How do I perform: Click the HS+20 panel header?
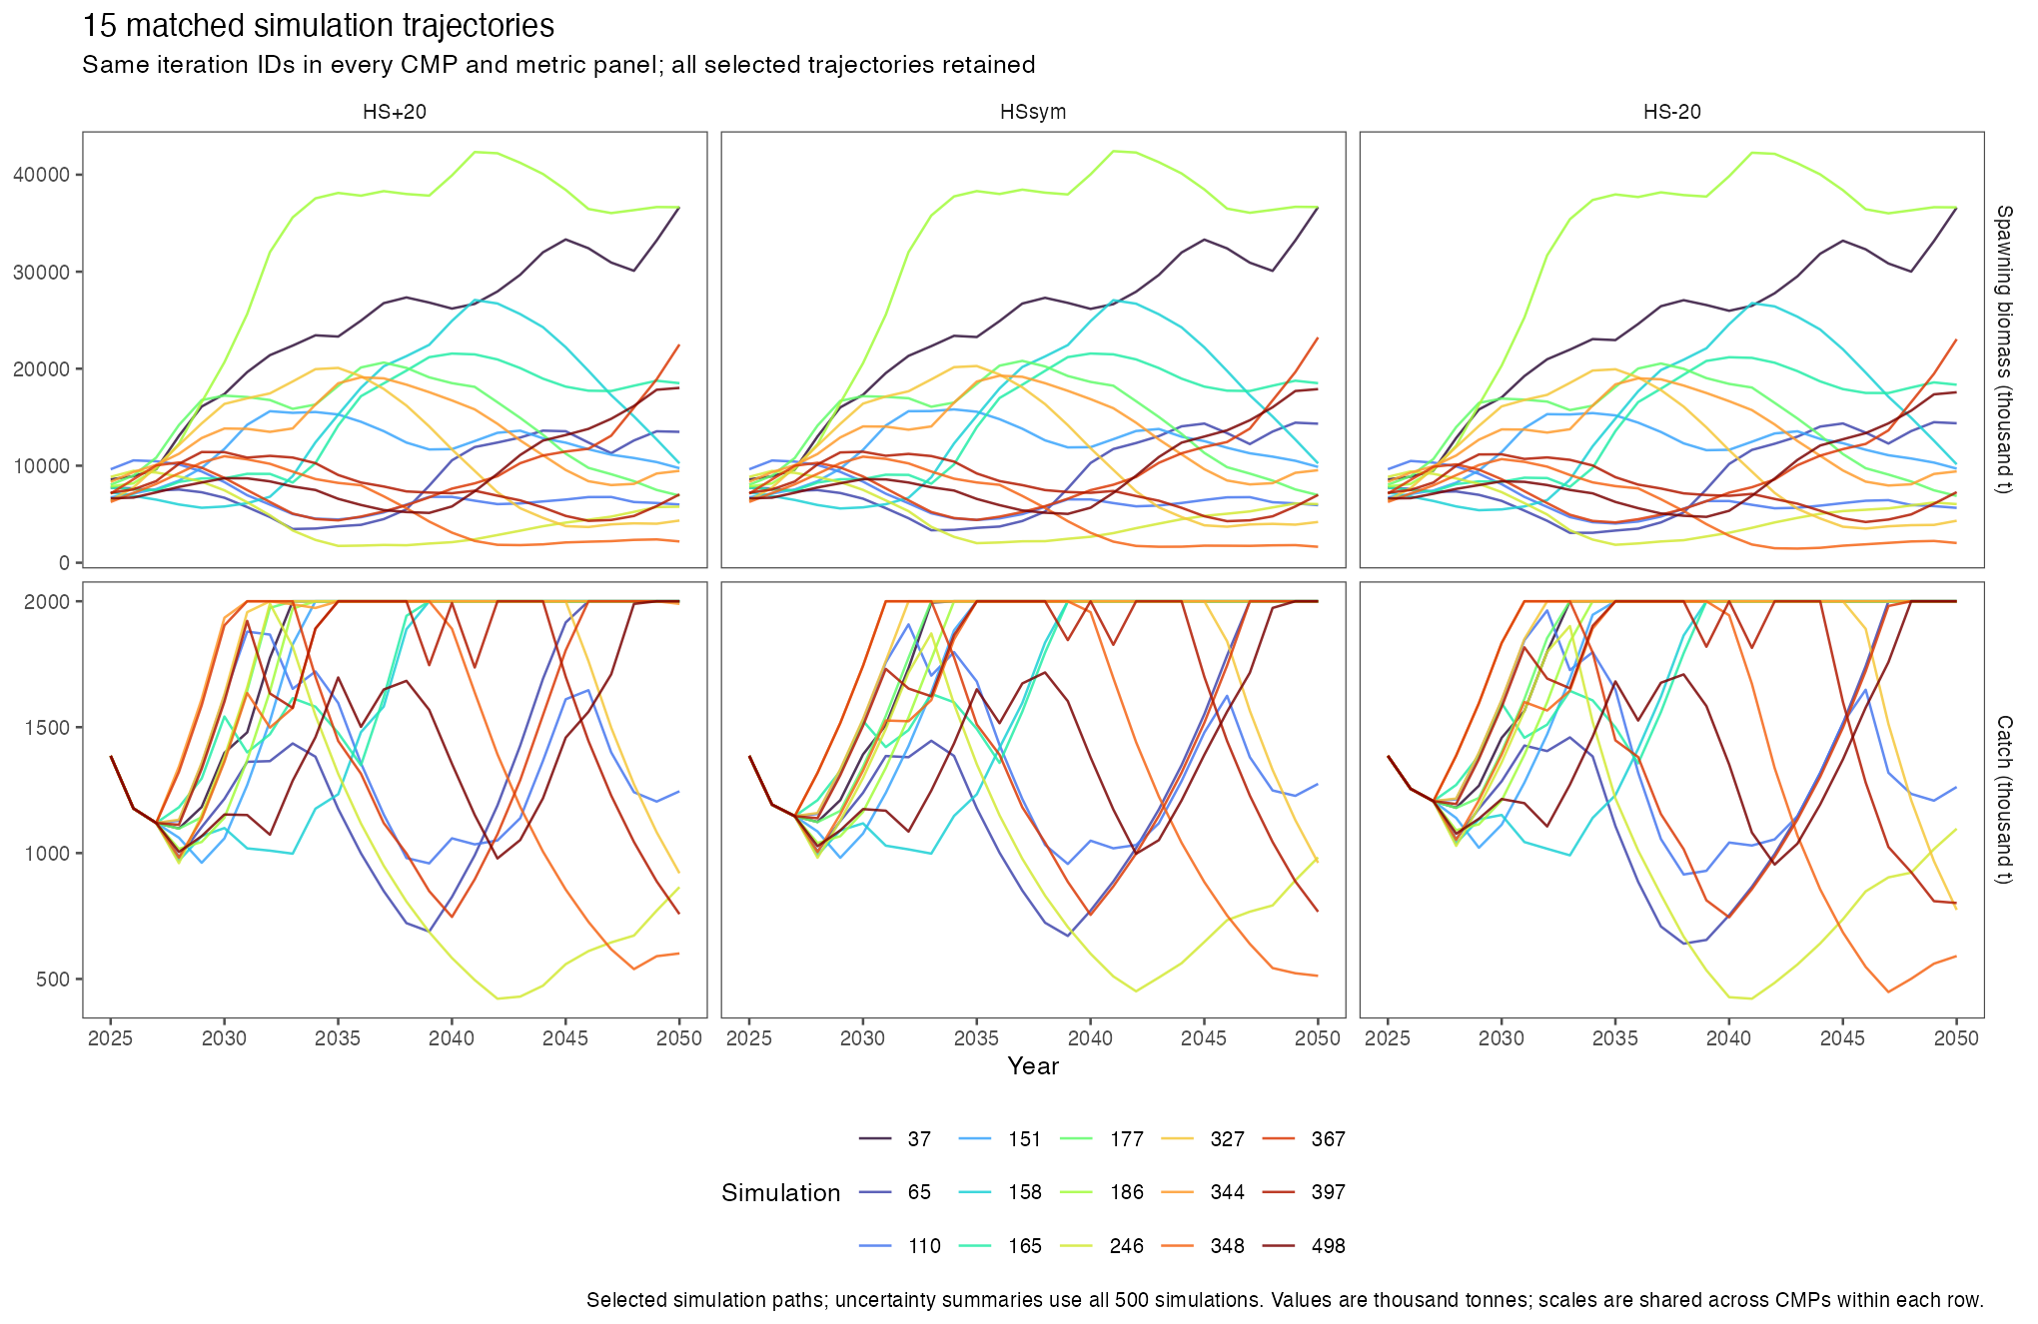tap(395, 112)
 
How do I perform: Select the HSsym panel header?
tap(1033, 112)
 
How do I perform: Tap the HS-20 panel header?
tap(1671, 112)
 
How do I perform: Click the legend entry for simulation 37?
tap(896, 1139)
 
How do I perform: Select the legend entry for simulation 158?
tap(1009, 1192)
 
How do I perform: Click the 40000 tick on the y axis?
tap(42, 175)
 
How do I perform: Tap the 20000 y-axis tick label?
tap(42, 369)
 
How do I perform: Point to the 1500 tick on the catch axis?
tap(48, 728)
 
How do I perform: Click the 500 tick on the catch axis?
tap(53, 980)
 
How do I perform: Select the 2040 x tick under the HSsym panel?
tap(1090, 1038)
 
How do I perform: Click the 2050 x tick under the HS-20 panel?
tap(1956, 1038)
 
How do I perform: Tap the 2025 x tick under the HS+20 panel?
tap(111, 1038)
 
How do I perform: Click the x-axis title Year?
tap(1033, 1066)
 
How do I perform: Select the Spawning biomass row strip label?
tap(2004, 349)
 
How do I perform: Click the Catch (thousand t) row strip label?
tap(2004, 800)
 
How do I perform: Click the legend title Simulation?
tap(781, 1193)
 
